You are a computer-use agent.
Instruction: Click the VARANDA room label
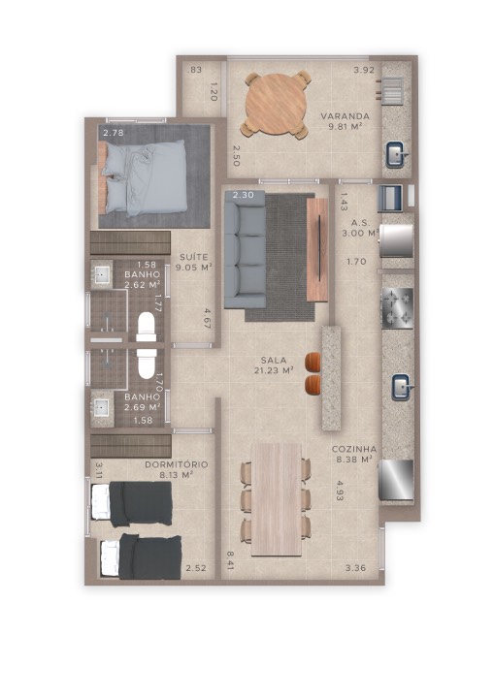pos(346,116)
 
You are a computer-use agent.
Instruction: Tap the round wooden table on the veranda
pos(277,104)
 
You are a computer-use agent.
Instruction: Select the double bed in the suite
pos(143,177)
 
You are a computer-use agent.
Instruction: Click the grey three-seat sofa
pos(246,249)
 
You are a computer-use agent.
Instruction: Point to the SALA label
pos(274,360)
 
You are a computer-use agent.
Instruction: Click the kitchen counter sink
pos(401,387)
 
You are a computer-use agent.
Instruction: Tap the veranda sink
pos(396,154)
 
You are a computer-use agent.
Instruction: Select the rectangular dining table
pos(277,499)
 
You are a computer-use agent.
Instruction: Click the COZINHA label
pos(354,449)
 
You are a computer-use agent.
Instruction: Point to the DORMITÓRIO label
pos(177,464)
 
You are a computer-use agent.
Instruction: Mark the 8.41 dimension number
pos(230,560)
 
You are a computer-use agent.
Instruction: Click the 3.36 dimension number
pos(356,567)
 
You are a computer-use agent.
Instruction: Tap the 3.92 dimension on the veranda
pos(364,70)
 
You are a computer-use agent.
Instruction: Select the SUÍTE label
pos(194,257)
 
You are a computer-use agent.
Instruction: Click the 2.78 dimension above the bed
pos(114,133)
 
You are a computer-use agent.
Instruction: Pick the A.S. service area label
pos(360,223)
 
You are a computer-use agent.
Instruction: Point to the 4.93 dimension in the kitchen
pos(341,491)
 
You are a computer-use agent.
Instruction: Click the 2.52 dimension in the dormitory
pos(196,568)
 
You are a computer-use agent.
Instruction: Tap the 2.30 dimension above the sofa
pos(244,195)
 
